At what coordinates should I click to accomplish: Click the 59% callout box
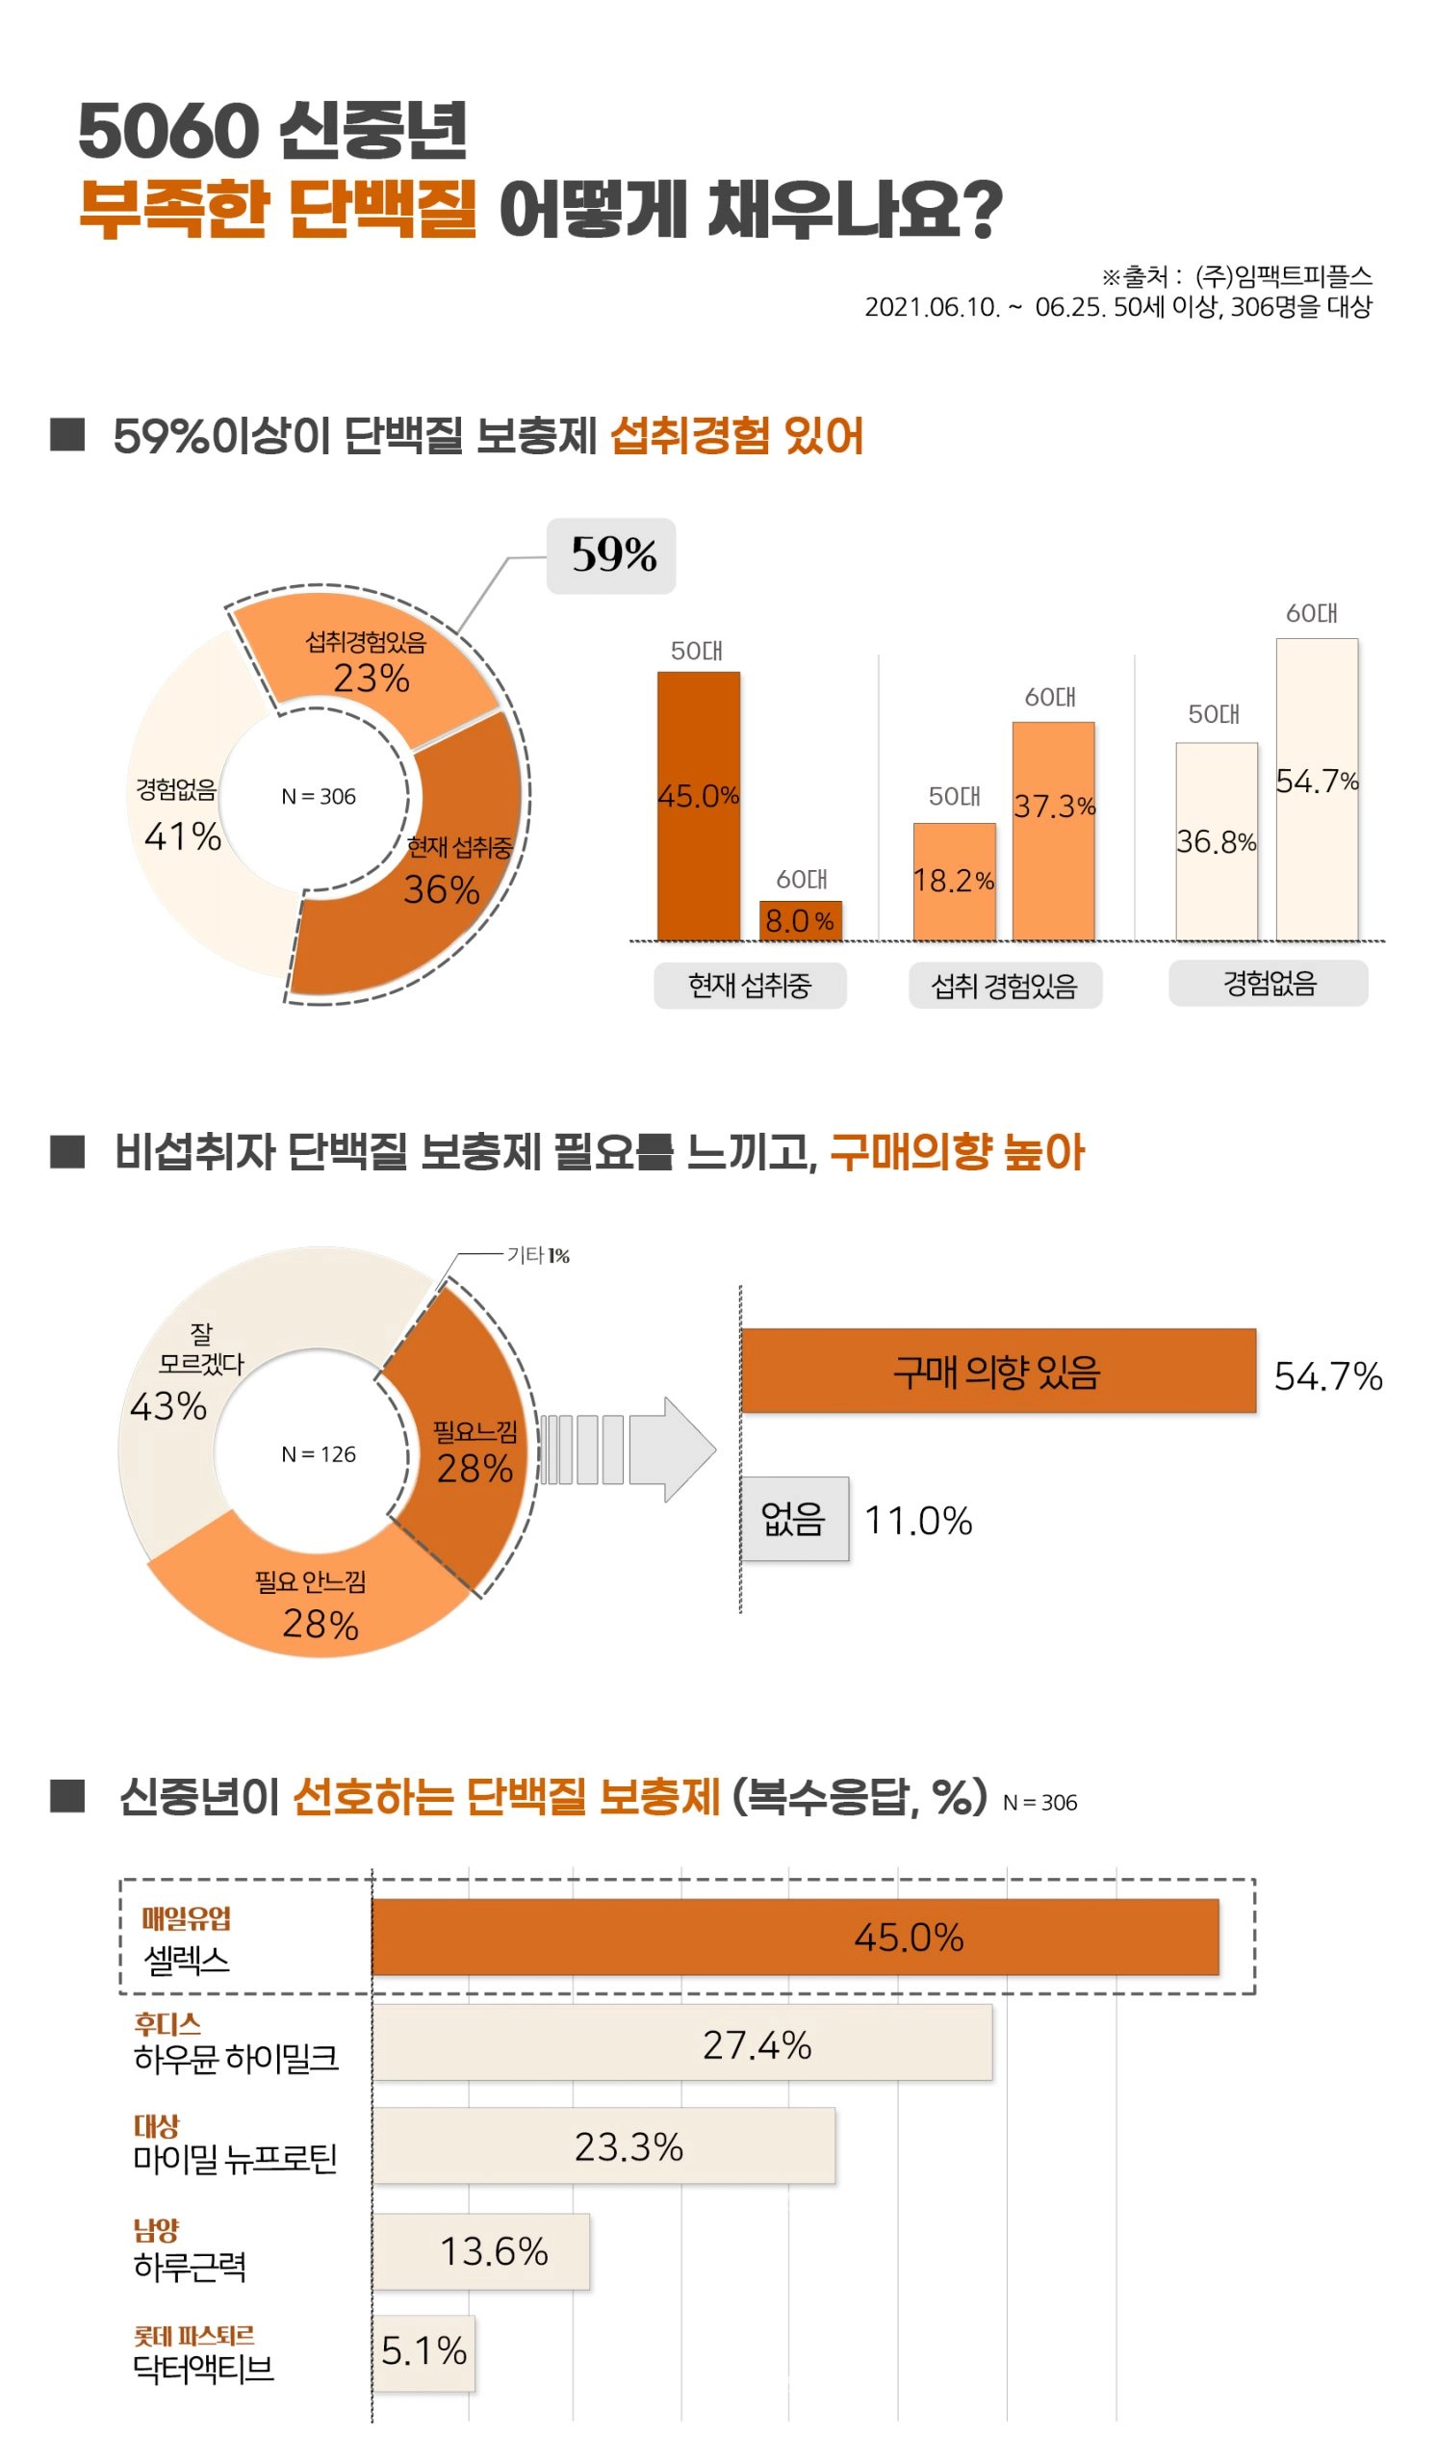(x=610, y=555)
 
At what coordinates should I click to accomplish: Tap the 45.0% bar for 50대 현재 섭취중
(x=698, y=806)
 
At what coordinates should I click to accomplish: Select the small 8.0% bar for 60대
(x=801, y=920)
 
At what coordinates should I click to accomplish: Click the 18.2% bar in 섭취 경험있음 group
(x=954, y=881)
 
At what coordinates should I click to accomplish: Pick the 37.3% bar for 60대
(x=1053, y=831)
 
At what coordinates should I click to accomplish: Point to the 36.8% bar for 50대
(x=1216, y=841)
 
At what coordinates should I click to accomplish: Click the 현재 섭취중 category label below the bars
(x=750, y=985)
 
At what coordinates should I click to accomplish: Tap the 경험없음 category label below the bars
(x=1268, y=983)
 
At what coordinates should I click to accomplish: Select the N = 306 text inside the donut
(x=319, y=797)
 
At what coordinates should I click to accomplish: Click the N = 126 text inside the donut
(x=319, y=1454)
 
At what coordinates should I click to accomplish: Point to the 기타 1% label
(x=538, y=1255)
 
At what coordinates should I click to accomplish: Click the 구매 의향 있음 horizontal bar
(x=997, y=1371)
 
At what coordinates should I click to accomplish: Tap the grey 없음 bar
(x=794, y=1519)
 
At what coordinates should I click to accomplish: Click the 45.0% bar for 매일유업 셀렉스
(x=795, y=1937)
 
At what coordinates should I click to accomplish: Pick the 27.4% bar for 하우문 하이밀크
(x=681, y=2042)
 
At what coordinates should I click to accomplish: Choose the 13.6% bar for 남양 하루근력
(x=480, y=2252)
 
